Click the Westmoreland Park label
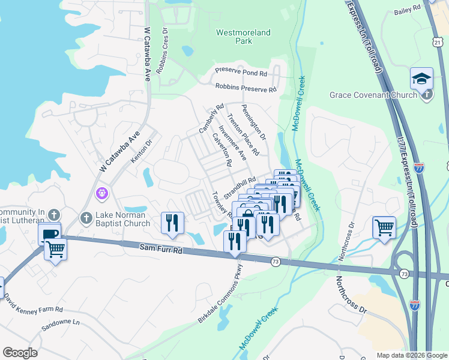coord(243,37)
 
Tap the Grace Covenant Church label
coord(373,95)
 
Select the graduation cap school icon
coord(421,79)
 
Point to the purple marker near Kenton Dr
coord(101,193)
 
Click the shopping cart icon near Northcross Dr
coord(384,227)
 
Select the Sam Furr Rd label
coord(161,247)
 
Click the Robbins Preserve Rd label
coord(246,88)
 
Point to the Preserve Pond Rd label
coord(241,72)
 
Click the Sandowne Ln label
coord(60,325)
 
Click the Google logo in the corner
coord(19,353)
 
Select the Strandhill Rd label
coord(240,187)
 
